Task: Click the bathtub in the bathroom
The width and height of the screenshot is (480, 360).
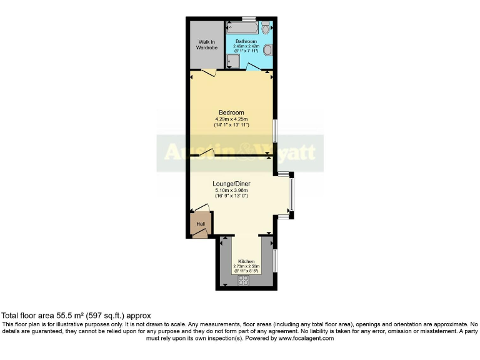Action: [242, 28]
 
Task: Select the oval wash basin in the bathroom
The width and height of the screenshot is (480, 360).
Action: [267, 49]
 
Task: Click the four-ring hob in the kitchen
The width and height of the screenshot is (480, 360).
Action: [244, 281]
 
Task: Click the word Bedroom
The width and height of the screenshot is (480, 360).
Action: [231, 112]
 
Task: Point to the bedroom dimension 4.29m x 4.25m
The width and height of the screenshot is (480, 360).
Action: [231, 119]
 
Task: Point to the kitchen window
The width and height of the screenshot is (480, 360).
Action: [274, 259]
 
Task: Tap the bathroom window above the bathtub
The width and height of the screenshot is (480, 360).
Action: [249, 18]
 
